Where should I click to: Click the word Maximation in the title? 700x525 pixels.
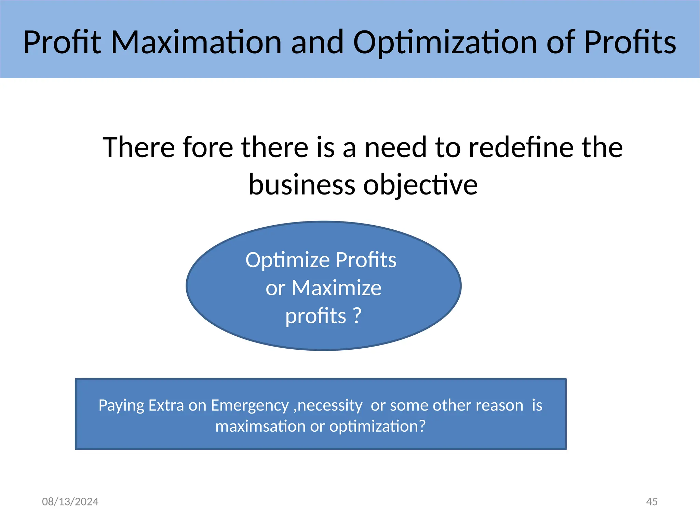click(x=196, y=42)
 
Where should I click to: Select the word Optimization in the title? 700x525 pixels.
click(x=445, y=42)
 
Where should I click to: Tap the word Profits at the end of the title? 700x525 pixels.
click(x=630, y=42)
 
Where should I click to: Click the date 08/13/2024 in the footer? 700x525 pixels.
click(x=70, y=501)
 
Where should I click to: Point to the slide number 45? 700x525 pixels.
click(x=651, y=501)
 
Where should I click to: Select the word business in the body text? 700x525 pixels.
click(x=302, y=185)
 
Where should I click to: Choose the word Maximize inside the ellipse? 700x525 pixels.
click(x=336, y=288)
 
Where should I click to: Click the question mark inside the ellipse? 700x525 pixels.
click(x=356, y=315)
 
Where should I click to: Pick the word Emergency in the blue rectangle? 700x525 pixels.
click(x=250, y=406)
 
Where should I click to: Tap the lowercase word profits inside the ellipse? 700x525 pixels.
click(x=315, y=316)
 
